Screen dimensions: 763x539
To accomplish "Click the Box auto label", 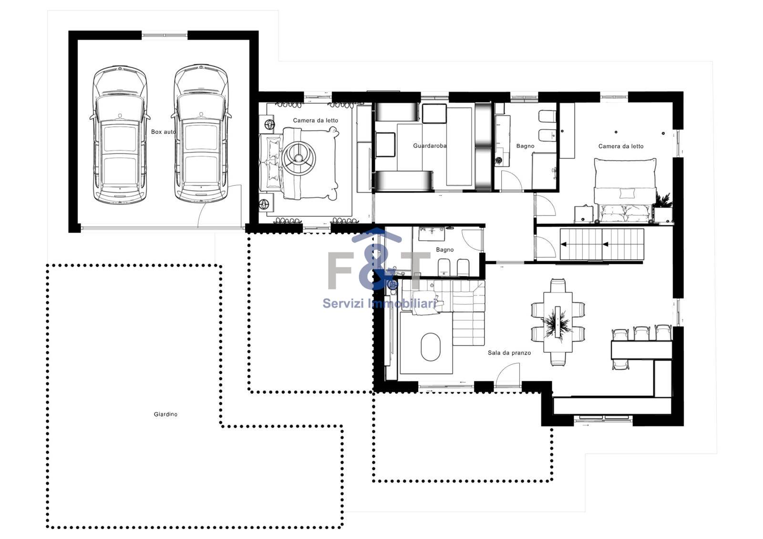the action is [163, 132].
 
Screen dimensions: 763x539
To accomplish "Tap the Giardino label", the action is [165, 414].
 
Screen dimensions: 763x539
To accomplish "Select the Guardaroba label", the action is [430, 146].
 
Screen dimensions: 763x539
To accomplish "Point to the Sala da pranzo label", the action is [509, 353].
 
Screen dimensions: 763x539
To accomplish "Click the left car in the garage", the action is [120, 134].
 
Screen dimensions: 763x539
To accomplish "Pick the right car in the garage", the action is [201, 133].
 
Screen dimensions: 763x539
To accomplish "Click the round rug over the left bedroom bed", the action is [299, 158].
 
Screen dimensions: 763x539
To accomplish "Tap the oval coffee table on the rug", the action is [431, 346].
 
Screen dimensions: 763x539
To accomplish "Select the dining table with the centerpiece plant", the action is [557, 322].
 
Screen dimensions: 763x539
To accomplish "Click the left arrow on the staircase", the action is [564, 244].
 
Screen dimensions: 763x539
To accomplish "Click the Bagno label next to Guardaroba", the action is [525, 146].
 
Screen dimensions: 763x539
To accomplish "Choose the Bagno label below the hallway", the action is [445, 250].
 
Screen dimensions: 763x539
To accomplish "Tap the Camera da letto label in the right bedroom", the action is [621, 146].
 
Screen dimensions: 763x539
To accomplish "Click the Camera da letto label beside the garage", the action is [315, 120].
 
